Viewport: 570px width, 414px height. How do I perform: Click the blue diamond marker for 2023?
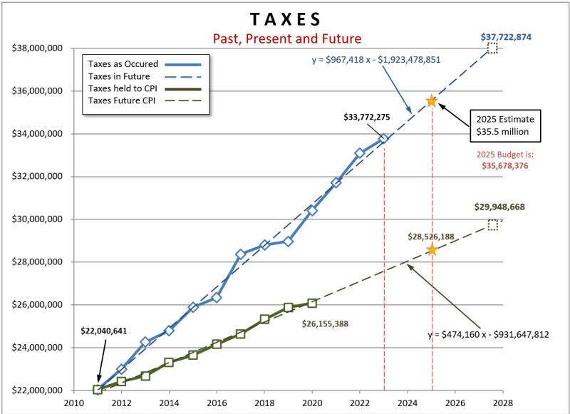click(383, 139)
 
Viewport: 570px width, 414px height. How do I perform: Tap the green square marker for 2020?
click(312, 304)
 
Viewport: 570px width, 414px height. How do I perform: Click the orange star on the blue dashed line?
click(430, 101)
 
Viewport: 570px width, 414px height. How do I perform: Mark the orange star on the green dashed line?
click(431, 249)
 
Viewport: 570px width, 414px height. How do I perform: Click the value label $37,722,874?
click(505, 36)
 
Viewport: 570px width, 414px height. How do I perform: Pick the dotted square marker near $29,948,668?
click(493, 225)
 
